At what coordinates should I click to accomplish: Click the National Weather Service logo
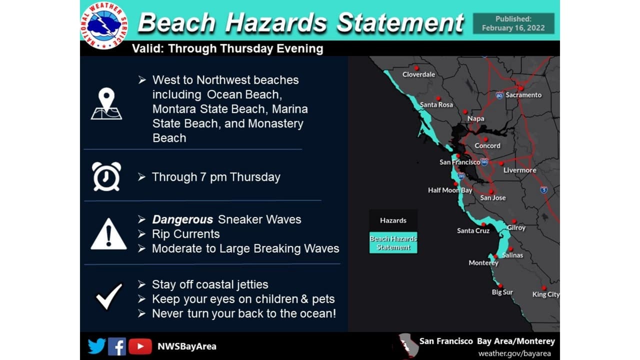pos(104,25)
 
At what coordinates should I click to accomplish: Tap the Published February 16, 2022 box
pos(513,23)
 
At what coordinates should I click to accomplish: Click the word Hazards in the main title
pos(276,22)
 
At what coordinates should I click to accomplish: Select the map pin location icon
pos(106,103)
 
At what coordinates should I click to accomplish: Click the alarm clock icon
pos(106,176)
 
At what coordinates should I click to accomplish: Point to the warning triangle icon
pos(108,234)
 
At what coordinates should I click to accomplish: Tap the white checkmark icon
pos(109,296)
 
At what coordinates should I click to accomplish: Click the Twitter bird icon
pos(97,346)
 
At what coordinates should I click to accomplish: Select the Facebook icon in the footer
pos(117,346)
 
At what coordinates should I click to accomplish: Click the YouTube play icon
pos(140,346)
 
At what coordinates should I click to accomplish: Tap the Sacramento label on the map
pos(523,95)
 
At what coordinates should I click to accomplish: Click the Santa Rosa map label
pos(436,105)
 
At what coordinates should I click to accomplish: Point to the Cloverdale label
pos(418,74)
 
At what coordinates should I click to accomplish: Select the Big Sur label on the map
pos(502,292)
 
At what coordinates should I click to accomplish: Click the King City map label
pos(545,294)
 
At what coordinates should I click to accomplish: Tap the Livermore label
pos(519,170)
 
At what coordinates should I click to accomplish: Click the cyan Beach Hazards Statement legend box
pos(393,242)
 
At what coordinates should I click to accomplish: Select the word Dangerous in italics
pos(182,219)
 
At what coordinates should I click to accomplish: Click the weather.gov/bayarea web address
pos(514,353)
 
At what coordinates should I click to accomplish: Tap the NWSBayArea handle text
pos(187,346)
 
